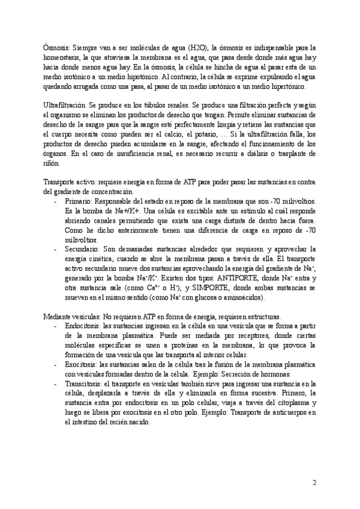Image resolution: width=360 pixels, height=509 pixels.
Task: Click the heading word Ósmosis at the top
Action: [57, 47]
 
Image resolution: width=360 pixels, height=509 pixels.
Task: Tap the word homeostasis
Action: [63, 56]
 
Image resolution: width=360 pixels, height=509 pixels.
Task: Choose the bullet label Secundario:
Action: [83, 248]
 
